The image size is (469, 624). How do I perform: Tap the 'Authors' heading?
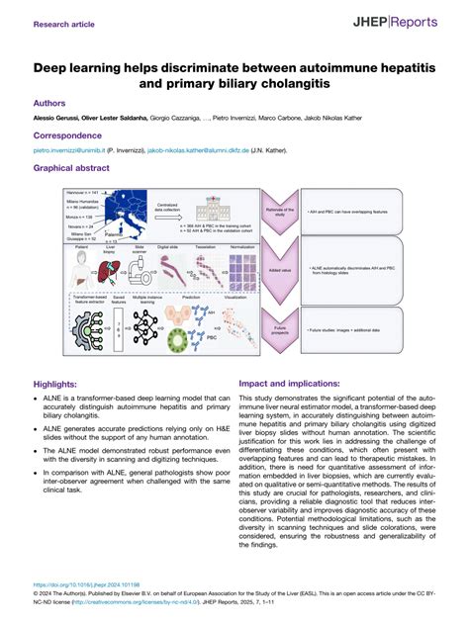pyautogui.click(x=50, y=102)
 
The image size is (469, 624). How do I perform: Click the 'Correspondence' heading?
pyautogui.click(x=69, y=134)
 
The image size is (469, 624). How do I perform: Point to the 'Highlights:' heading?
pyautogui.click(x=60, y=384)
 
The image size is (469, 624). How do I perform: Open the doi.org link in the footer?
pyautogui.click(x=87, y=583)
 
